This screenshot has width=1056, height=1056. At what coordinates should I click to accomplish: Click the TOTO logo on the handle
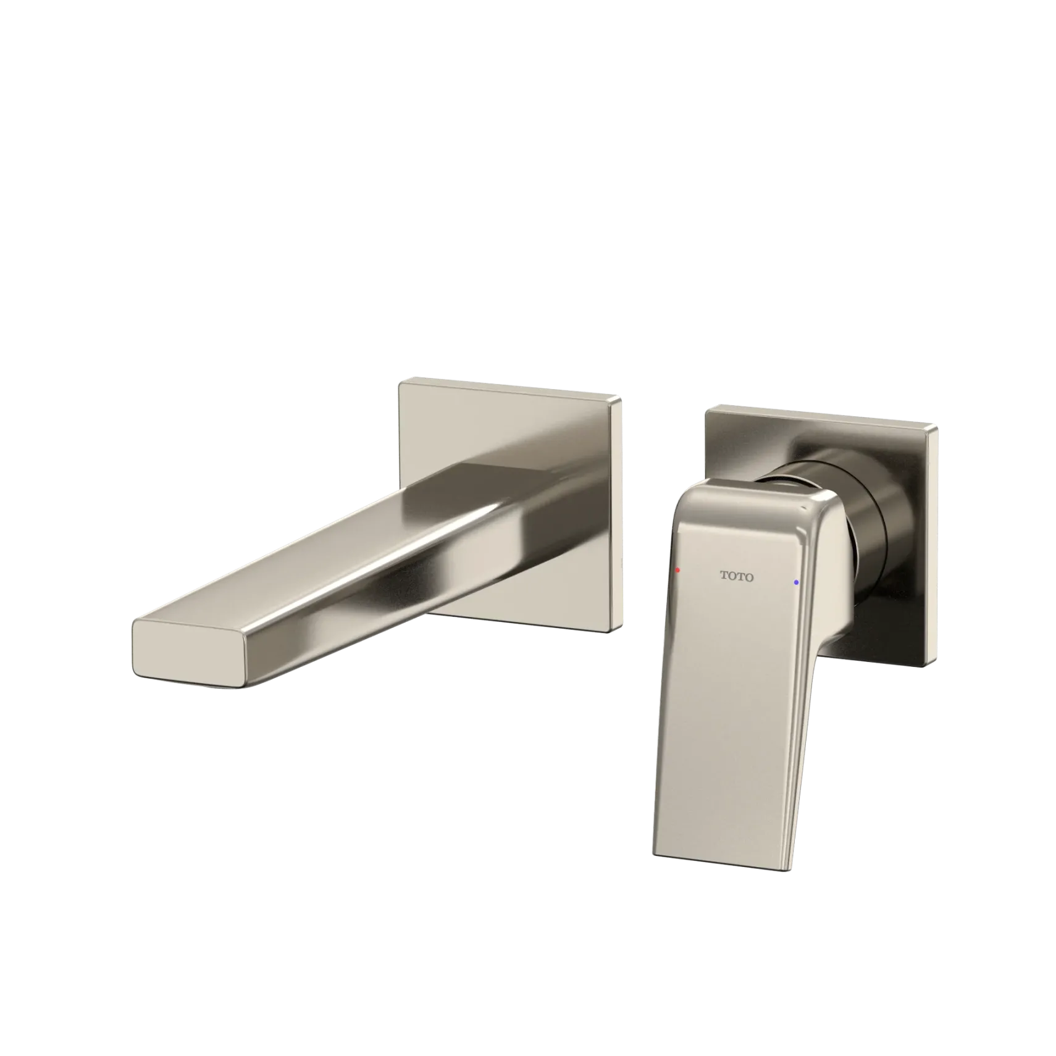point(737,577)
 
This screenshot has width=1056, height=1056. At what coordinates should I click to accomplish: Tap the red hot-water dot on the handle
point(677,570)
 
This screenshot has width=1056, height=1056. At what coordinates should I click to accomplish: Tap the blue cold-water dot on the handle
point(796,582)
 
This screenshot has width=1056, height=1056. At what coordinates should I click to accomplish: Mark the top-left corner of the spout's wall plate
point(400,382)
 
